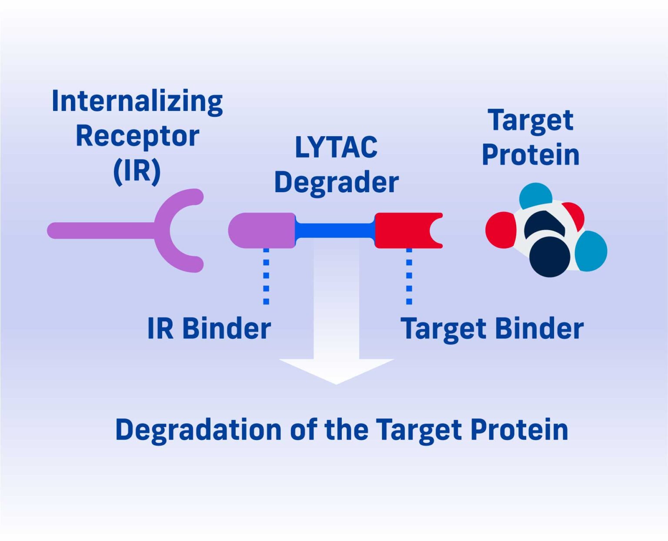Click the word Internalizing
point(137,101)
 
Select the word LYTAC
point(336,147)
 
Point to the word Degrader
point(336,182)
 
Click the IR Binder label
point(209,328)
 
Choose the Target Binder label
point(491,328)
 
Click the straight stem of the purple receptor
point(100,230)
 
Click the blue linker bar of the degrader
point(335,230)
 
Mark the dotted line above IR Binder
point(266,276)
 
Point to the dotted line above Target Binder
point(409,276)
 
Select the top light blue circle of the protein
point(535,194)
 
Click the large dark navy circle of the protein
point(550,257)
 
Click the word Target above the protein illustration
point(531,120)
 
